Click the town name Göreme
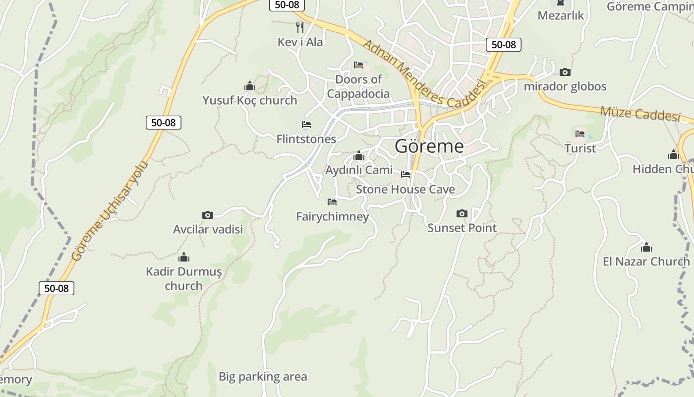point(429,146)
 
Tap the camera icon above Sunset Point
point(462,213)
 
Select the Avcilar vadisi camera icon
point(208,215)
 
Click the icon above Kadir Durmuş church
point(184,257)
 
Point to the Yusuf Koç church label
point(250,100)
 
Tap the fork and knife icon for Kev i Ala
point(299,27)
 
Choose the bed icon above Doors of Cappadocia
point(358,65)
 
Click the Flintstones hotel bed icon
point(306,125)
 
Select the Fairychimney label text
point(333,217)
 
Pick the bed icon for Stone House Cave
point(405,175)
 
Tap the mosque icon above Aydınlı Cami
point(359,156)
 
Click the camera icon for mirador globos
point(565,72)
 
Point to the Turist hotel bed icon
point(580,134)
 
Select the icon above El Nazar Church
point(646,247)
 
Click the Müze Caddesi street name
point(640,114)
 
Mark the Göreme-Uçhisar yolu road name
point(110,211)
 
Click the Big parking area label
point(263,377)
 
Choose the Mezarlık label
point(561,15)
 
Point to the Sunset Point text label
point(462,228)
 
